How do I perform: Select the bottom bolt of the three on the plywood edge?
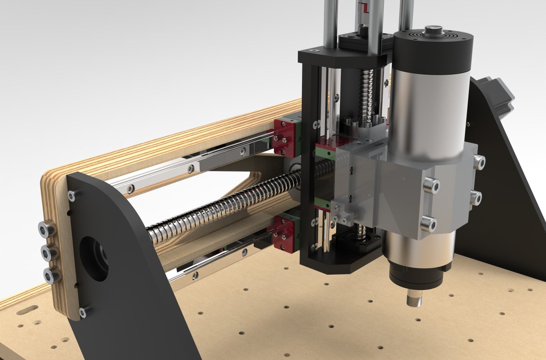point(51,275)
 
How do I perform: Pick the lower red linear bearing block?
point(284,234)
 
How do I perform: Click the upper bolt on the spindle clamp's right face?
point(478,162)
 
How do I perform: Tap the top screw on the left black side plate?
point(72,195)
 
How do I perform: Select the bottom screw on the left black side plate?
point(83,313)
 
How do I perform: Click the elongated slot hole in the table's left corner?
point(28,311)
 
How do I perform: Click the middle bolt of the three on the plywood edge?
point(48,252)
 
